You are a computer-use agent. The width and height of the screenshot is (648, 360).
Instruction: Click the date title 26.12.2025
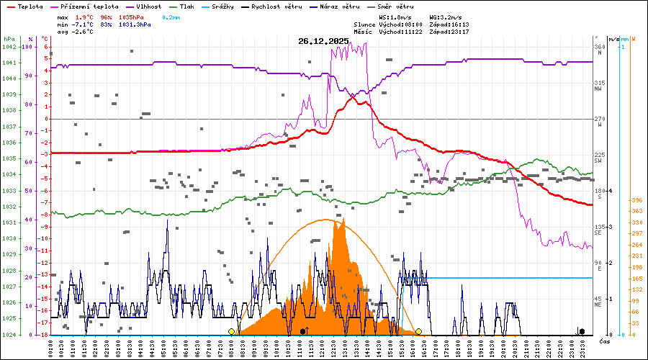pyautogui.click(x=323, y=40)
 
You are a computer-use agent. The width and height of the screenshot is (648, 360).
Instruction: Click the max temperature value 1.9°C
pyautogui.click(x=86, y=16)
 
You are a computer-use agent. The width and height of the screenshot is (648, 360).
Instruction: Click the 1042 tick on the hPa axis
pyautogui.click(x=9, y=47)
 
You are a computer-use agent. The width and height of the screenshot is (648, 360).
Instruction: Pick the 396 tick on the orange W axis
pyautogui.click(x=636, y=200)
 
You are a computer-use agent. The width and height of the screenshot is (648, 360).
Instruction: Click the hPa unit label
pyautogui.click(x=9, y=39)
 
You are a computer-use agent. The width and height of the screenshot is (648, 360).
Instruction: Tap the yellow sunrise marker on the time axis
pyautogui.click(x=231, y=331)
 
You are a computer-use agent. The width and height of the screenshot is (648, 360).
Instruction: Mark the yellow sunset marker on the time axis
pyautogui.click(x=418, y=331)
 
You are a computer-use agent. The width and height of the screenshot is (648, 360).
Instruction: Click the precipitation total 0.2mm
pyautogui.click(x=171, y=16)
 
